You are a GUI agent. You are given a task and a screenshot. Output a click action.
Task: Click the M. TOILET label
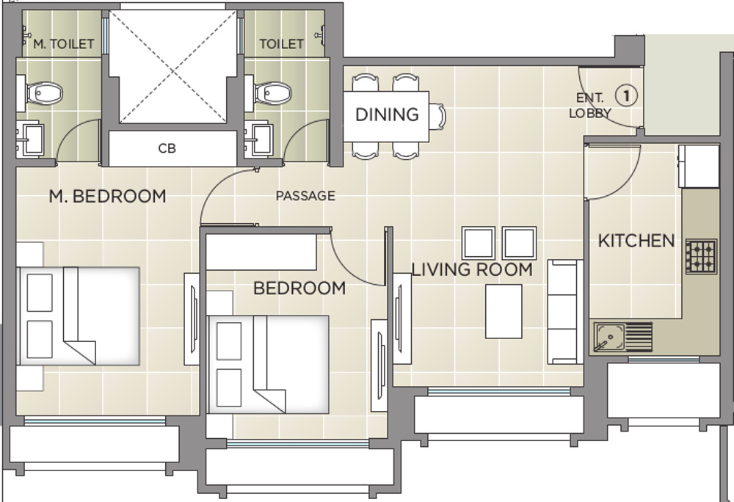[x=64, y=44]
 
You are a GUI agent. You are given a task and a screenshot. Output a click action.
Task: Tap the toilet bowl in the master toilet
[x=43, y=93]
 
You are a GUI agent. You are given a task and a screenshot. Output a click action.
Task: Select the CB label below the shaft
[x=167, y=148]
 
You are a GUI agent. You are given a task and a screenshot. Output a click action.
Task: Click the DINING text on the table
[x=387, y=114]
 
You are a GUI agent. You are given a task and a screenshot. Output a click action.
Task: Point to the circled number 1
[x=625, y=95]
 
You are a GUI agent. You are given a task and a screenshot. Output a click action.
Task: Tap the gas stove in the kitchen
[x=700, y=257]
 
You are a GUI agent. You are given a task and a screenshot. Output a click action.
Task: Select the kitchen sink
[x=609, y=338]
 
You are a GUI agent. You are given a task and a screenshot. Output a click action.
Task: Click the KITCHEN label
[x=636, y=241]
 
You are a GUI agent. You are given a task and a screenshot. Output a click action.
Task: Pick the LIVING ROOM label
[x=472, y=269]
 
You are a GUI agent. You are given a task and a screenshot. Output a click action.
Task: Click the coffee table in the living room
[x=504, y=311]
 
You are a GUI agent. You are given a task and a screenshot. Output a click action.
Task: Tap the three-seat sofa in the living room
[x=564, y=311]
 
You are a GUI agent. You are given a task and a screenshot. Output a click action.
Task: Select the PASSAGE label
[x=305, y=196]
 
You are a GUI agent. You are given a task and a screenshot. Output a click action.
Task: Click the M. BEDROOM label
[x=107, y=196]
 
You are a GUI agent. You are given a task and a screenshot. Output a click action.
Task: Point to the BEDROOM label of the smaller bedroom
[x=299, y=288]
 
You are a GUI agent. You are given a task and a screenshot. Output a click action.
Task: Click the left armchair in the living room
[x=479, y=243]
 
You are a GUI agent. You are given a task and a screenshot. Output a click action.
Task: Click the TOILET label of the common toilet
[x=281, y=44]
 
